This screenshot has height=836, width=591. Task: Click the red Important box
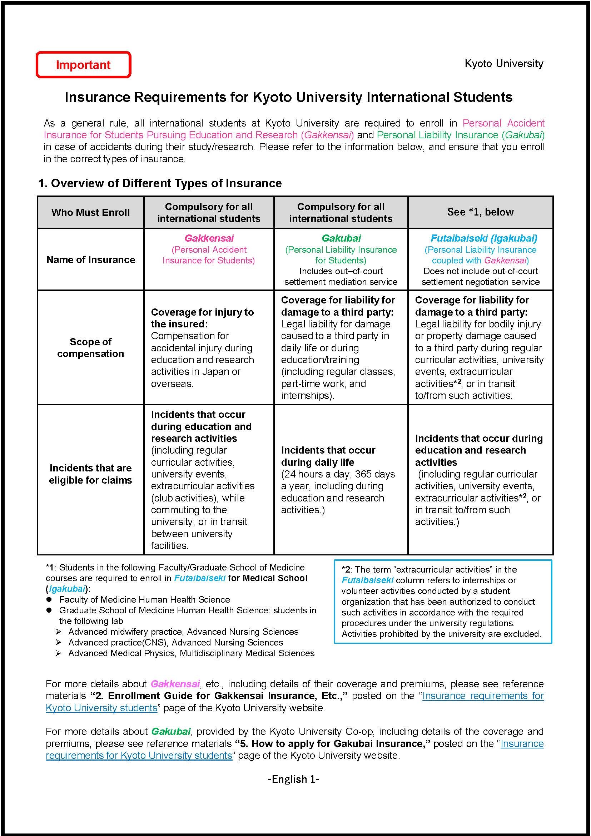(83, 65)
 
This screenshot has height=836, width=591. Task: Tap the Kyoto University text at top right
(504, 64)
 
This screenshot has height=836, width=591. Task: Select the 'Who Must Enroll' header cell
(90, 212)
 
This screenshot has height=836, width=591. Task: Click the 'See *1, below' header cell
(480, 212)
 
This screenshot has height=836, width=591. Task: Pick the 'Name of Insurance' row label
(91, 259)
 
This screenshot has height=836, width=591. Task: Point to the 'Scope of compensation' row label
(91, 348)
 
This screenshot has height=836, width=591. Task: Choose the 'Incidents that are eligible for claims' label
(91, 474)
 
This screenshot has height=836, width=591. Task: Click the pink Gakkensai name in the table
(209, 238)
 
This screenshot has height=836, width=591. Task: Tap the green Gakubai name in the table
(341, 238)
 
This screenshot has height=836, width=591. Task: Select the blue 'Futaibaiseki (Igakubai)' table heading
(484, 238)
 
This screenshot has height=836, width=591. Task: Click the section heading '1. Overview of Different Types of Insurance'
(160, 183)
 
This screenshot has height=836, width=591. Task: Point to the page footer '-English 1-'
(293, 779)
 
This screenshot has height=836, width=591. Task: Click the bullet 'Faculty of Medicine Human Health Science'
(144, 599)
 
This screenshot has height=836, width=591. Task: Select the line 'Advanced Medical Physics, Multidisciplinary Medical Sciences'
(191, 653)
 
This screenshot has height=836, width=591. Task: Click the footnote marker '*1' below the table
(50, 567)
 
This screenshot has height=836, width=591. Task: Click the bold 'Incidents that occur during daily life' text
(328, 456)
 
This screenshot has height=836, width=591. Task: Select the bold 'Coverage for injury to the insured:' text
(202, 318)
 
